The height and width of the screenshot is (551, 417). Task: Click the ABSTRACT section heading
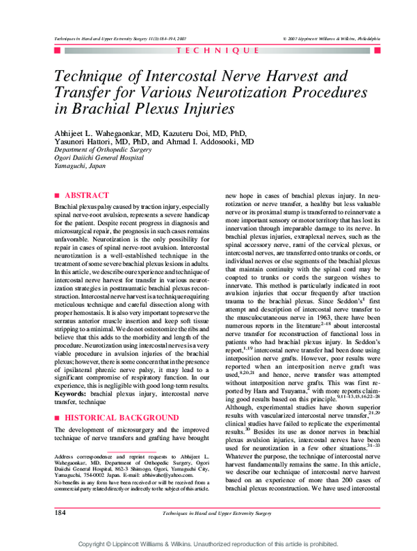point(85,196)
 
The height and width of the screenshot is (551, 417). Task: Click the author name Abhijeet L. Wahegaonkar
point(105,133)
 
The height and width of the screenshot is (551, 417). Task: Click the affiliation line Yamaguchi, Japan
point(80,167)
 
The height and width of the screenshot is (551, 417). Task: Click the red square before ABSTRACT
point(57,196)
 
